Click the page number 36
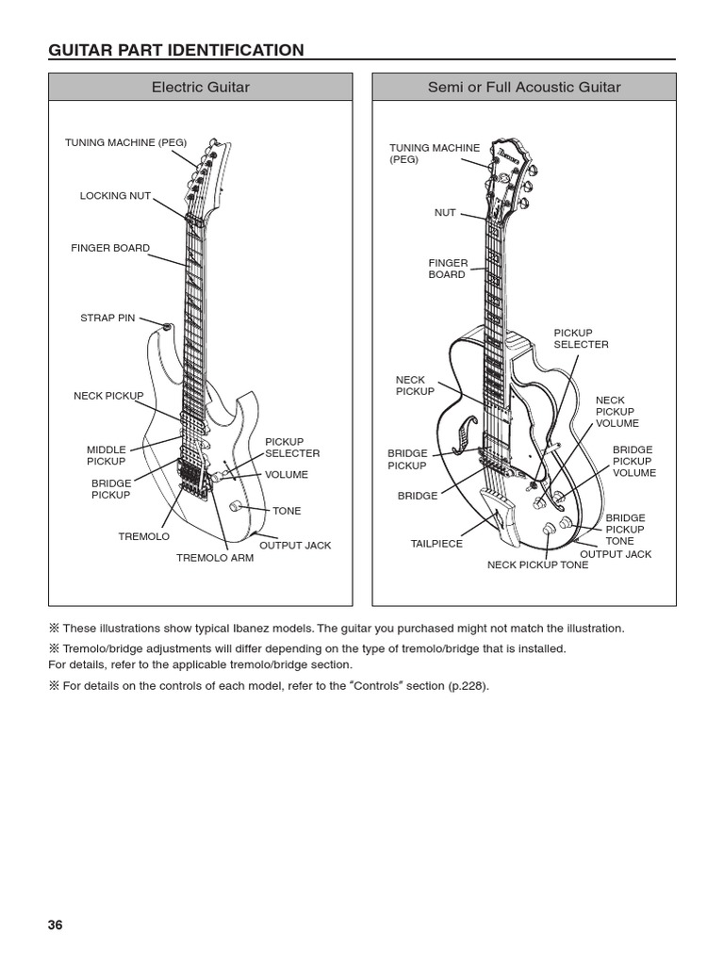(x=56, y=924)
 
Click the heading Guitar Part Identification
(x=176, y=50)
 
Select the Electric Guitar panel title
(x=201, y=88)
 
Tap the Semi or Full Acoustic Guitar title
(x=524, y=88)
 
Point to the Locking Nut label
(x=115, y=196)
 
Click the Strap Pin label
(x=107, y=319)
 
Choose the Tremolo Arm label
(x=215, y=558)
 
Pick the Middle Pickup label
(x=107, y=456)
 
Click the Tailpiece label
(x=436, y=544)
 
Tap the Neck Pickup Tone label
(x=537, y=565)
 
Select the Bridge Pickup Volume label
(x=633, y=462)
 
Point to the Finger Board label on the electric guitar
(x=110, y=248)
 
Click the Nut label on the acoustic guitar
(x=445, y=213)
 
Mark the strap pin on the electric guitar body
(x=168, y=326)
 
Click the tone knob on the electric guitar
(x=235, y=507)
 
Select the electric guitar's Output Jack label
(x=295, y=546)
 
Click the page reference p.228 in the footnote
(x=470, y=686)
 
